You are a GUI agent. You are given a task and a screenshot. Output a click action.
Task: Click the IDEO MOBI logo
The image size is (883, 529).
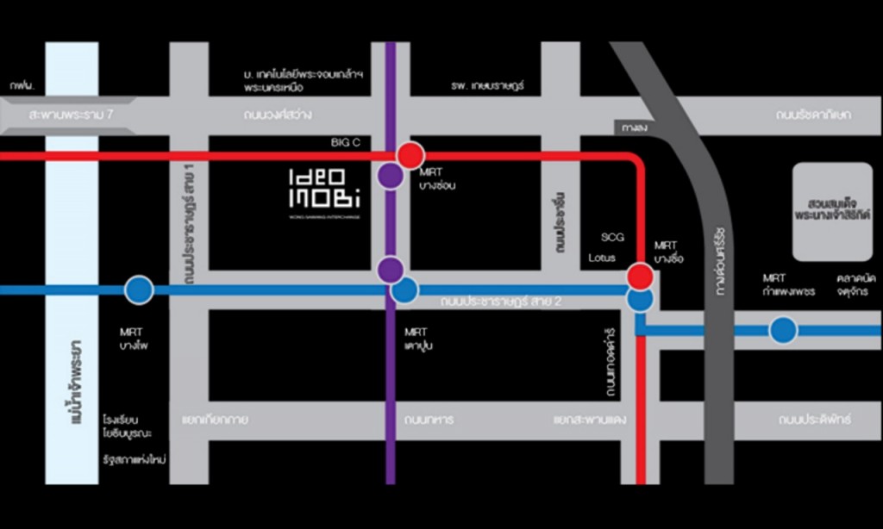point(324,190)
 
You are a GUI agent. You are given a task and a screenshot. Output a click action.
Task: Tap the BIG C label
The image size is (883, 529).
point(347,140)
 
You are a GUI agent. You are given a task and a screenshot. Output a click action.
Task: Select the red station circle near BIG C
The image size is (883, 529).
point(410,155)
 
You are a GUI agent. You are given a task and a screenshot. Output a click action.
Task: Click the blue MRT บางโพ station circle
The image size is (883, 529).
point(139,289)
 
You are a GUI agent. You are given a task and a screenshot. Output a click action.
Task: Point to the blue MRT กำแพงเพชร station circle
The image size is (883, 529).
point(783,330)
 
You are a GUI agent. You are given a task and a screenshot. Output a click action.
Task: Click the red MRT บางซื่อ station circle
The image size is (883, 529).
point(640,277)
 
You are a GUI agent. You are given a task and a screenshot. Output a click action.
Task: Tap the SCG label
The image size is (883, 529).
point(611,237)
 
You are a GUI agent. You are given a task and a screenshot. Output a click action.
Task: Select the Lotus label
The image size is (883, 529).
point(602,257)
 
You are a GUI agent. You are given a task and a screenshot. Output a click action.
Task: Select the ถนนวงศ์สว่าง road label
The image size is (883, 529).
point(278,114)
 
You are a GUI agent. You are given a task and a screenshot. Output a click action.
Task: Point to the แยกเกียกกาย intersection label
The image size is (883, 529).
point(215,420)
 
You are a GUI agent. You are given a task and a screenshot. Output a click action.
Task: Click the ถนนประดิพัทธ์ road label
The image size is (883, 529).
point(814,420)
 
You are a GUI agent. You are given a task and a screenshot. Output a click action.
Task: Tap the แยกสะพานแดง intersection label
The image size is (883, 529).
point(590,420)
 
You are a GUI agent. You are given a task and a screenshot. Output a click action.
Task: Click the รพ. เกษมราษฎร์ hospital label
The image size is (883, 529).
point(487,86)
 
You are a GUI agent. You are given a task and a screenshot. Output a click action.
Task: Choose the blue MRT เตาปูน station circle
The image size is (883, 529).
point(404,290)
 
